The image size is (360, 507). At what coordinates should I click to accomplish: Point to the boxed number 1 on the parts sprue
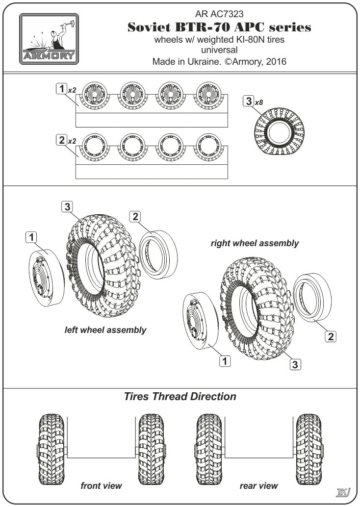pos(61,89)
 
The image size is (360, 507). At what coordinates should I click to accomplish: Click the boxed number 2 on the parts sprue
pos(61,140)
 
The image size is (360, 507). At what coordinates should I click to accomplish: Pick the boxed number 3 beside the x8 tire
pos(249,102)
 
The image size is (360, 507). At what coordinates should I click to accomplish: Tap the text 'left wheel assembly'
pos(105,330)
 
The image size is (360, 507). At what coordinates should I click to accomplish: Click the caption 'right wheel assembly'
pos(254,243)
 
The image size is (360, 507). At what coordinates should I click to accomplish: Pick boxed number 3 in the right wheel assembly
pos(295,364)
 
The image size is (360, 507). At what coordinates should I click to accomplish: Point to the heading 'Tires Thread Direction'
pos(180,396)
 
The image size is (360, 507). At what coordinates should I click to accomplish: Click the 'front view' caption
pos(101,486)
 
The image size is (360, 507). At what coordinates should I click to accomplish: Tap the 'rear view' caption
pos(258,486)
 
